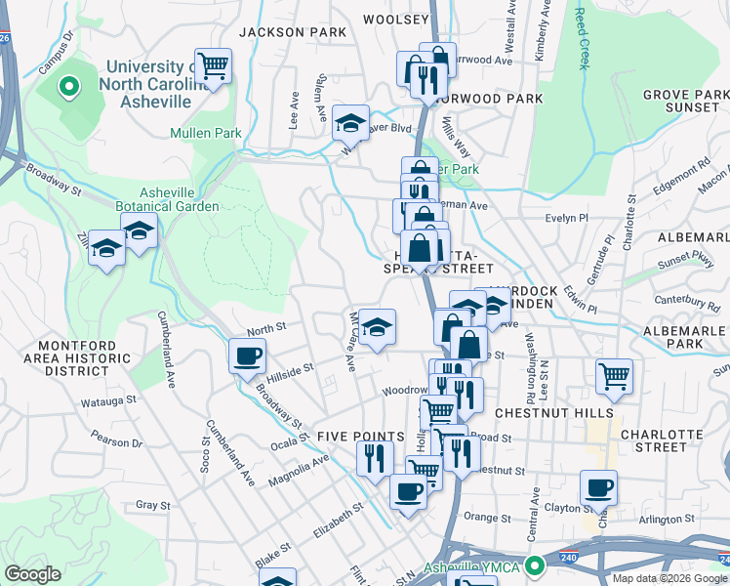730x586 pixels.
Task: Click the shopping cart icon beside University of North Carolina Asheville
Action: click(x=213, y=66)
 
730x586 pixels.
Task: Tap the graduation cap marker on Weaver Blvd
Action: click(x=350, y=123)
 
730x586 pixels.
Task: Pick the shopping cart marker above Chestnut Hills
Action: click(x=614, y=376)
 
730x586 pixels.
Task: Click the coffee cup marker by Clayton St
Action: click(x=598, y=487)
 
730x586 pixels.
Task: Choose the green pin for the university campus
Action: click(x=69, y=89)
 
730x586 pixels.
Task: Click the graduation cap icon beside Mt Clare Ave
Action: click(x=376, y=327)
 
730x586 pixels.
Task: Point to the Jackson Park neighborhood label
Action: click(x=293, y=32)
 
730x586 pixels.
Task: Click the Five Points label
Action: click(x=360, y=436)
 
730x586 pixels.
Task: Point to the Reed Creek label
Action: click(x=583, y=39)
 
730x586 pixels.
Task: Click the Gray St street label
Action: click(x=153, y=506)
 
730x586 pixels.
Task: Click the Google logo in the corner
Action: click(x=34, y=574)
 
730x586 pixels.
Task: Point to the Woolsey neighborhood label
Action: click(x=395, y=19)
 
